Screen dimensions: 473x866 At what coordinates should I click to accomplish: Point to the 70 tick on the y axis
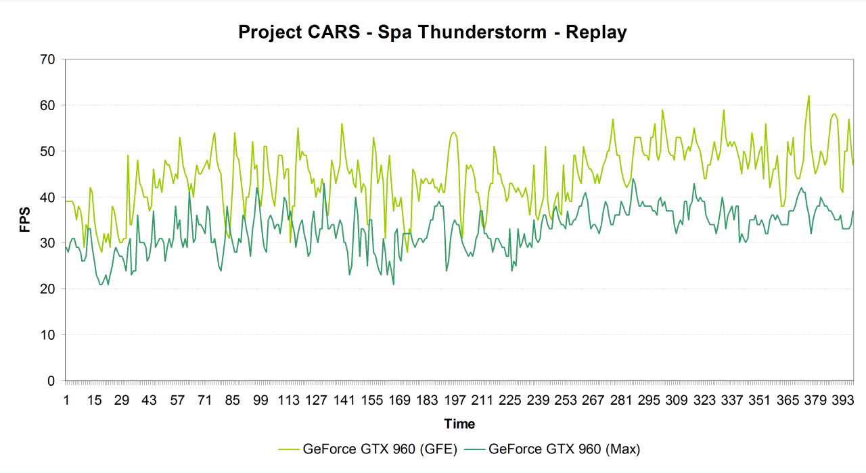47,59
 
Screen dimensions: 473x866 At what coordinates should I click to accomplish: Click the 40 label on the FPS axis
47,197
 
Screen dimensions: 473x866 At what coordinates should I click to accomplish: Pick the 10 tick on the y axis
47,335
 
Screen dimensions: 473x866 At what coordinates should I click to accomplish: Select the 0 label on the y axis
51,381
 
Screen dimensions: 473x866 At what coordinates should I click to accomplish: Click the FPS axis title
25,220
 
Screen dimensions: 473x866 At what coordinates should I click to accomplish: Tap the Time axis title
459,424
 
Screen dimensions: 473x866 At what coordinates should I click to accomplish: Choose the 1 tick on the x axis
66,401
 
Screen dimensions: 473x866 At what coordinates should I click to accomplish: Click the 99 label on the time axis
260,401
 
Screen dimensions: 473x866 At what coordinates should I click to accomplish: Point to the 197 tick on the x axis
455,401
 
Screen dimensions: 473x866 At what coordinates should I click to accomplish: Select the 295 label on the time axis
649,401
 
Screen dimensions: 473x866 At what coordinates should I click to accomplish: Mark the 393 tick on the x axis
843,401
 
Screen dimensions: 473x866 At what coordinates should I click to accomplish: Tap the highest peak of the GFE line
808,96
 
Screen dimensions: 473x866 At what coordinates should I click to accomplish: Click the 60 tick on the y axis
47,105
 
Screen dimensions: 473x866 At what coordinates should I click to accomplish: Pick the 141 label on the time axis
344,401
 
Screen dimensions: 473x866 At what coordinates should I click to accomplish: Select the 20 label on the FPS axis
47,289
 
